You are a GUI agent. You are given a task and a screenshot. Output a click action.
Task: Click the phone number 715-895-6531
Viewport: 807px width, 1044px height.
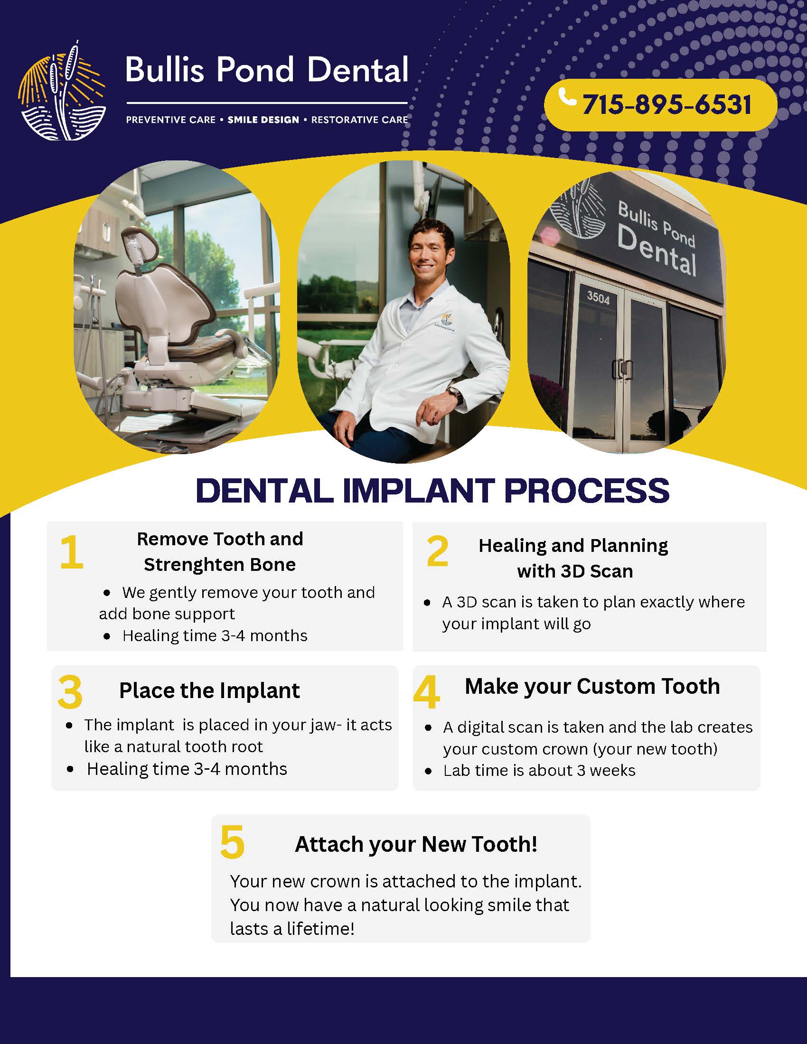click(x=667, y=105)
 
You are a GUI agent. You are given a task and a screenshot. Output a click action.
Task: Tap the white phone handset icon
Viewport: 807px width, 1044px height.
click(x=567, y=96)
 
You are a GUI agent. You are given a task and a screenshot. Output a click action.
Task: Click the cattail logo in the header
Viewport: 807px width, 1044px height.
click(x=62, y=91)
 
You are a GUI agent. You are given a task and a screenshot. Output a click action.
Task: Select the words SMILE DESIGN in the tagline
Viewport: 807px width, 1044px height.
click(x=263, y=120)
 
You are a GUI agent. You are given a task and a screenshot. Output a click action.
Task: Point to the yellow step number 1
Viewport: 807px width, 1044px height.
click(x=72, y=552)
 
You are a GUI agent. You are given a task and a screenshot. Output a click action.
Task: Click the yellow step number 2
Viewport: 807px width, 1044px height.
click(x=438, y=551)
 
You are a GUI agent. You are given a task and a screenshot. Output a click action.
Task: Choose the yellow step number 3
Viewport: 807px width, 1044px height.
click(x=70, y=692)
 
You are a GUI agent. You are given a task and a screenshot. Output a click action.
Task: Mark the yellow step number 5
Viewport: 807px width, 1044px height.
click(x=232, y=842)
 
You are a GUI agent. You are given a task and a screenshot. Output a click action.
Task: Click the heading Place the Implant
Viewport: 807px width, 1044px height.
click(x=209, y=691)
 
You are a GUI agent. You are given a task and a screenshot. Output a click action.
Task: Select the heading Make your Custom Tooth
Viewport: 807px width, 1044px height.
click(x=592, y=687)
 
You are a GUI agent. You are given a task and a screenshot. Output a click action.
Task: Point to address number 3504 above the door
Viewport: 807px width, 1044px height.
click(x=598, y=298)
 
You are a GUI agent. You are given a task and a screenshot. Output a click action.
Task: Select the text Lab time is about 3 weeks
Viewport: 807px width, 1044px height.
click(x=539, y=771)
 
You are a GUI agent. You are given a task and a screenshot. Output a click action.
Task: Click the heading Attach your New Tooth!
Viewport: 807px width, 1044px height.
click(x=416, y=844)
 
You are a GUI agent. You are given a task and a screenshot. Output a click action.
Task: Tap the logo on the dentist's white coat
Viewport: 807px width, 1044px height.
click(x=445, y=321)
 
